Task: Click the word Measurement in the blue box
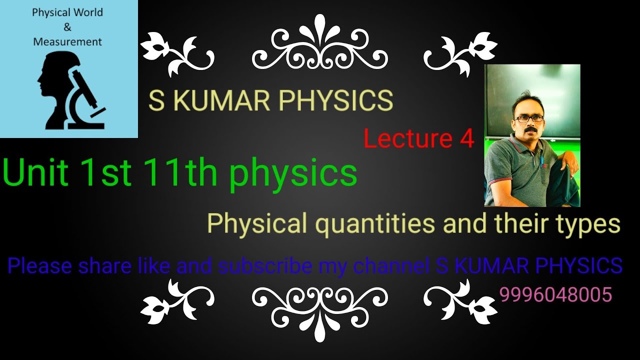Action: point(67,42)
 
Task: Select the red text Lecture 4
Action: point(418,139)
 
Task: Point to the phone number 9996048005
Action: point(555,295)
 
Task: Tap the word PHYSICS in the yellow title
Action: point(335,100)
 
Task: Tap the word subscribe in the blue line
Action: point(265,265)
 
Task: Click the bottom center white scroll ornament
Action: point(320,307)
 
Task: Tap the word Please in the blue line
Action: point(40,265)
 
